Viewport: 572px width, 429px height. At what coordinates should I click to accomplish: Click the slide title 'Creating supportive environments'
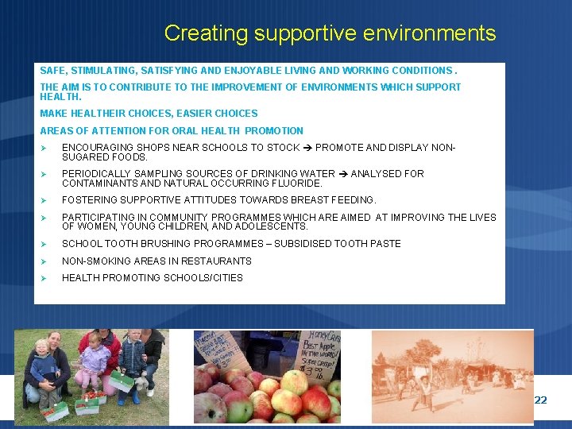(330, 33)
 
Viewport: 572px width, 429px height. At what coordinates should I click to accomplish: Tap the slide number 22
(540, 400)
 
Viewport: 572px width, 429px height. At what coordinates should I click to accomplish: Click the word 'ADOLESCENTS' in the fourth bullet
(277, 226)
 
